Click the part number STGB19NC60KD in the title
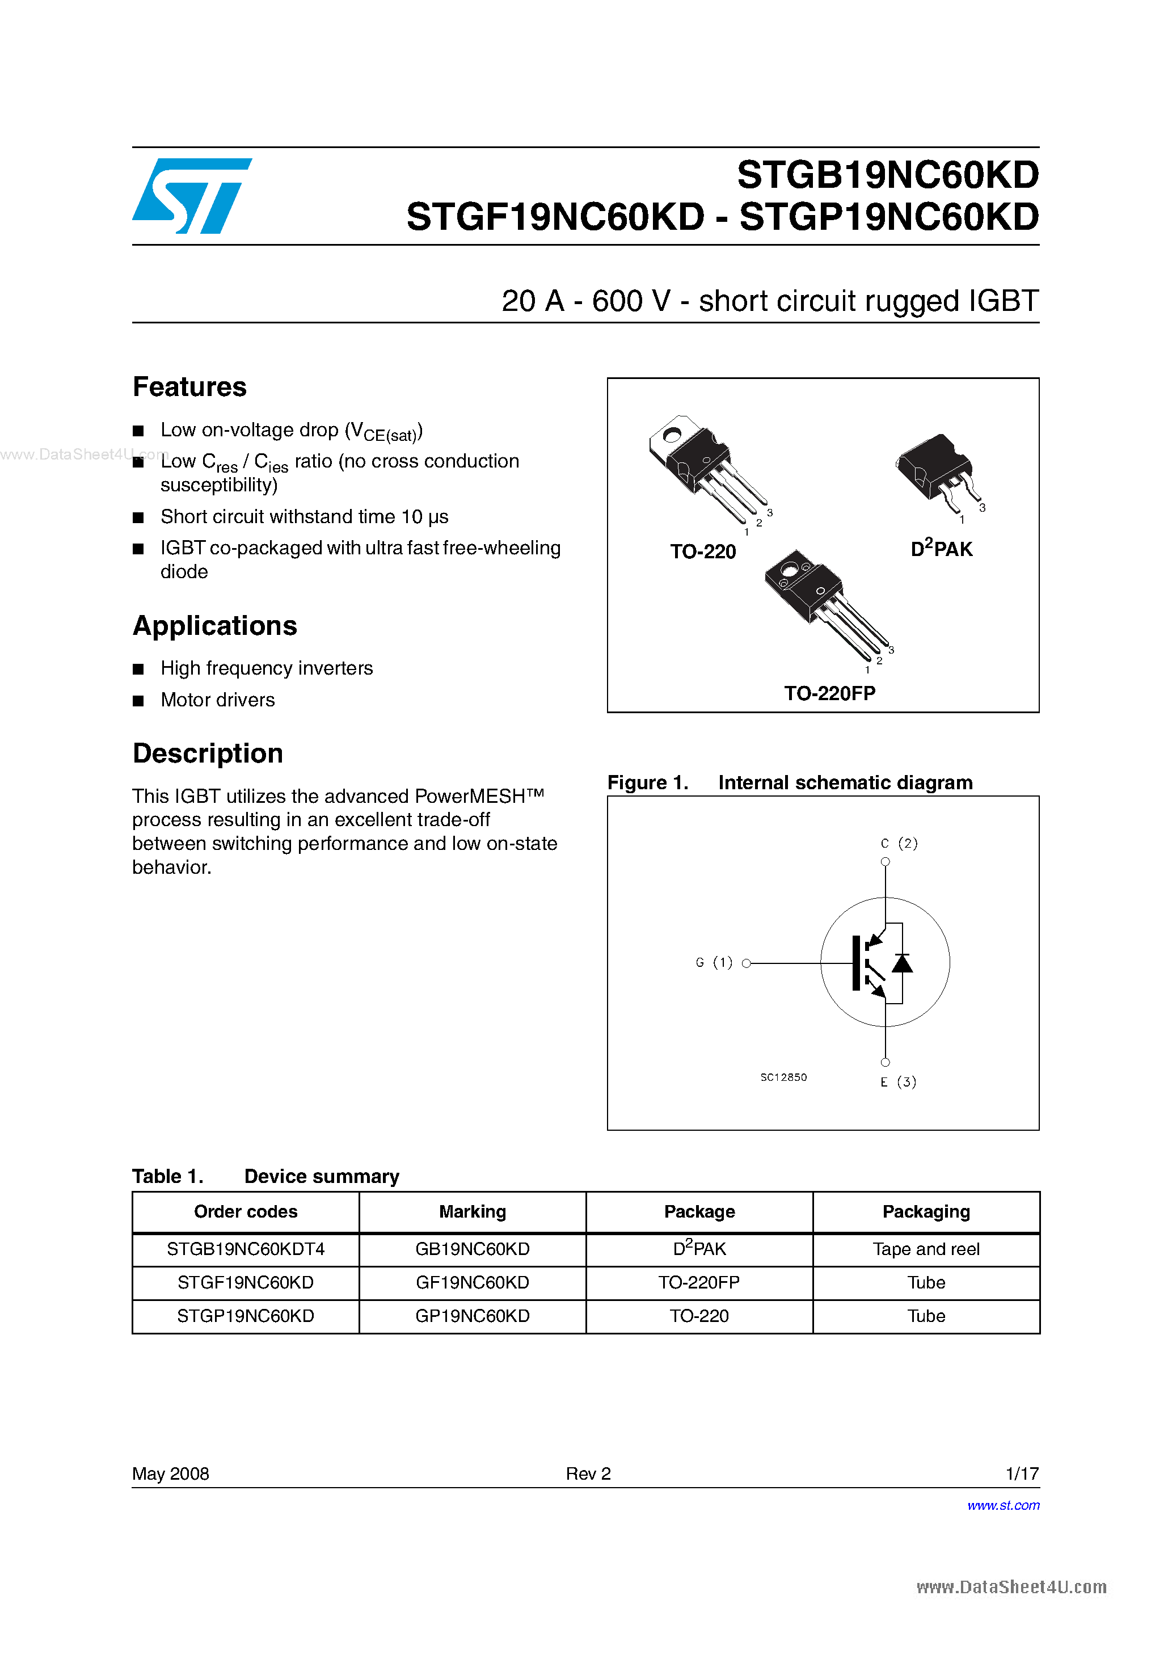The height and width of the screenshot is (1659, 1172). [887, 175]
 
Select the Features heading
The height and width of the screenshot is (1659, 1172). [189, 388]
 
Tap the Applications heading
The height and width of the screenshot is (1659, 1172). [214, 626]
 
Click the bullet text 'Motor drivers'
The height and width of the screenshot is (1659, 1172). [217, 700]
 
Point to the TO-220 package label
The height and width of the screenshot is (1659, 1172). [702, 552]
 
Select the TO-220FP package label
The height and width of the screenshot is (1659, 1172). [829, 694]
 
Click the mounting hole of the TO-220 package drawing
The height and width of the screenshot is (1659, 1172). [671, 435]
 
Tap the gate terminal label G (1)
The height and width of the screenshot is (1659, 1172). [714, 962]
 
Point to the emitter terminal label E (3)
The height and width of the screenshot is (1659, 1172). [898, 1081]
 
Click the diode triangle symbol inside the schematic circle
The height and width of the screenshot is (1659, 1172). [902, 963]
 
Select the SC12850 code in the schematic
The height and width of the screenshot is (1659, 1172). [783, 1077]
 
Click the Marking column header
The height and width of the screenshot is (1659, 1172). [473, 1212]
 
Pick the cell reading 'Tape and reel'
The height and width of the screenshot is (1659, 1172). [926, 1249]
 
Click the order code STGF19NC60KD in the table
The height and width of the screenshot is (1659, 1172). [246, 1282]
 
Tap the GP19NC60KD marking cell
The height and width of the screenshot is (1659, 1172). [473, 1316]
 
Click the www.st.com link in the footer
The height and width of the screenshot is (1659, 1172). [1003, 1505]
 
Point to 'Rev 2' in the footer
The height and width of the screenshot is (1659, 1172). [588, 1473]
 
